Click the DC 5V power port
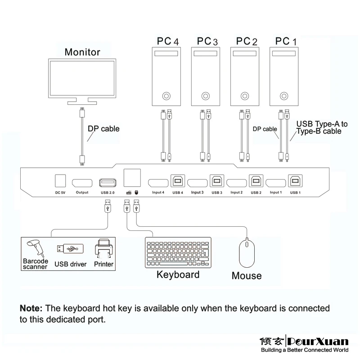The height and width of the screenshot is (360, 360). [x=60, y=180]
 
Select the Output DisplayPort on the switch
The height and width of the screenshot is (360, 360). [x=82, y=183]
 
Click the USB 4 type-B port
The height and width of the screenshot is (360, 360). [x=176, y=181]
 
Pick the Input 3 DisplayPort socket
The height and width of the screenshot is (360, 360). [x=197, y=183]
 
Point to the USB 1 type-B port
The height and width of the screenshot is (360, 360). [x=295, y=181]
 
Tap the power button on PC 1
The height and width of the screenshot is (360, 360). [x=283, y=96]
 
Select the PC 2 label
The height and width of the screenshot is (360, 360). [x=247, y=41]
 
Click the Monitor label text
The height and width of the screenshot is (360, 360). [x=82, y=52]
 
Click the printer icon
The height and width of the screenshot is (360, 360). [x=103, y=250]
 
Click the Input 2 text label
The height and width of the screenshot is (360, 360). [x=237, y=193]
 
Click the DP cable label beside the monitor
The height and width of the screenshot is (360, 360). [x=103, y=129]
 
